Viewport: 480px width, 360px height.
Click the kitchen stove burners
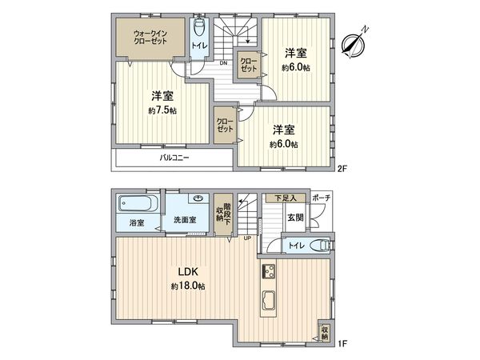tap(267, 270)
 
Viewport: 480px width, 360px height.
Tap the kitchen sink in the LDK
tap(268, 302)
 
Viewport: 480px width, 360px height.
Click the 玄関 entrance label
tap(295, 217)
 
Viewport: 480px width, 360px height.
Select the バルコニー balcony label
tap(174, 158)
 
